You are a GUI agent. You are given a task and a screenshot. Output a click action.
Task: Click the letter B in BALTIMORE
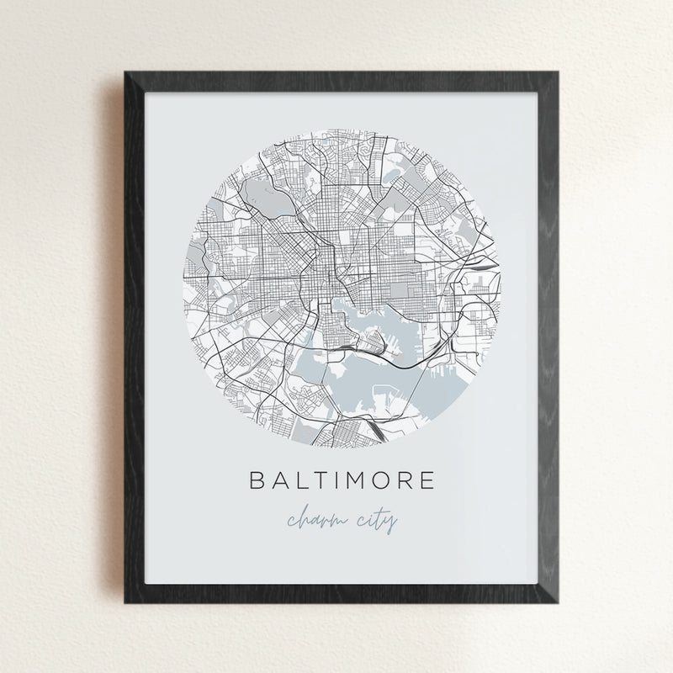tap(256, 480)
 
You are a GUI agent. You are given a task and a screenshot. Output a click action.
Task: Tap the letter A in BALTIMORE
tap(280, 480)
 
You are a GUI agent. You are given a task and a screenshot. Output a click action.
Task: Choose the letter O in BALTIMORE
tap(386, 480)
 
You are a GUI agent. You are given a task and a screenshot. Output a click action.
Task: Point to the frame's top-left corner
tap(125, 72)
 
